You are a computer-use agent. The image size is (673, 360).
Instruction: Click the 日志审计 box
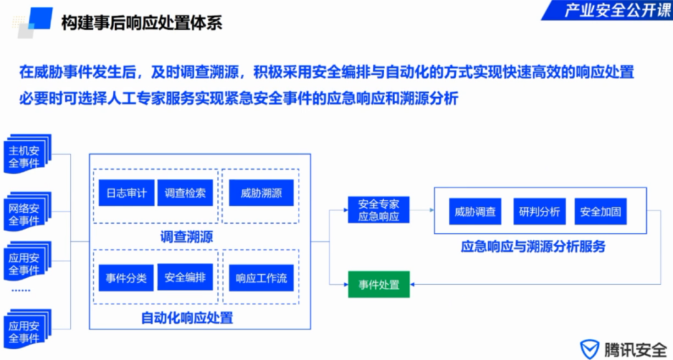[126, 193]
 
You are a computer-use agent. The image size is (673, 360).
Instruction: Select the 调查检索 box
[186, 193]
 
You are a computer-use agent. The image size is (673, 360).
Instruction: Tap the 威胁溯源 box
[261, 193]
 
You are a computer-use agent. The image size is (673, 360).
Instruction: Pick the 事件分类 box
[126, 278]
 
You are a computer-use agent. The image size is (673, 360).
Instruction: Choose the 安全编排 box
[186, 277]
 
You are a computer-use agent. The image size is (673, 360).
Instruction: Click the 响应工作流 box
[261, 278]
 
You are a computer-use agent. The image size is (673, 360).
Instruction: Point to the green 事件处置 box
[379, 285]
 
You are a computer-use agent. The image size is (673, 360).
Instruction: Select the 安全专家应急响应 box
[379, 210]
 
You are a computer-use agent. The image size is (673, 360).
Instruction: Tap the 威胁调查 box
[475, 212]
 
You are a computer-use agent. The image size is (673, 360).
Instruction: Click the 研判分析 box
[540, 212]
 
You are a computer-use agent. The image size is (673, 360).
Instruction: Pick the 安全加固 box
[601, 212]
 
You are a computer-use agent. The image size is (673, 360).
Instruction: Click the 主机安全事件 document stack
[27, 154]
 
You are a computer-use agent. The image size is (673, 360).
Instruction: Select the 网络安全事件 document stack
[27, 212]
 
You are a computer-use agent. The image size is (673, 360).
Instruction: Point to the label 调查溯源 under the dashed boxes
[186, 237]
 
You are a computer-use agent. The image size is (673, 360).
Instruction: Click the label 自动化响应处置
[187, 318]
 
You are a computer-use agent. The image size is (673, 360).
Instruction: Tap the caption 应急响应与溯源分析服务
[533, 247]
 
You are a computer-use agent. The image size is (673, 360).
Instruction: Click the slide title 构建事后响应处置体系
[141, 23]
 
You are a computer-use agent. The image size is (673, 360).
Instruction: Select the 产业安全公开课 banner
[608, 10]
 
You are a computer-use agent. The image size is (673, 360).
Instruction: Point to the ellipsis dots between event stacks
[21, 290]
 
